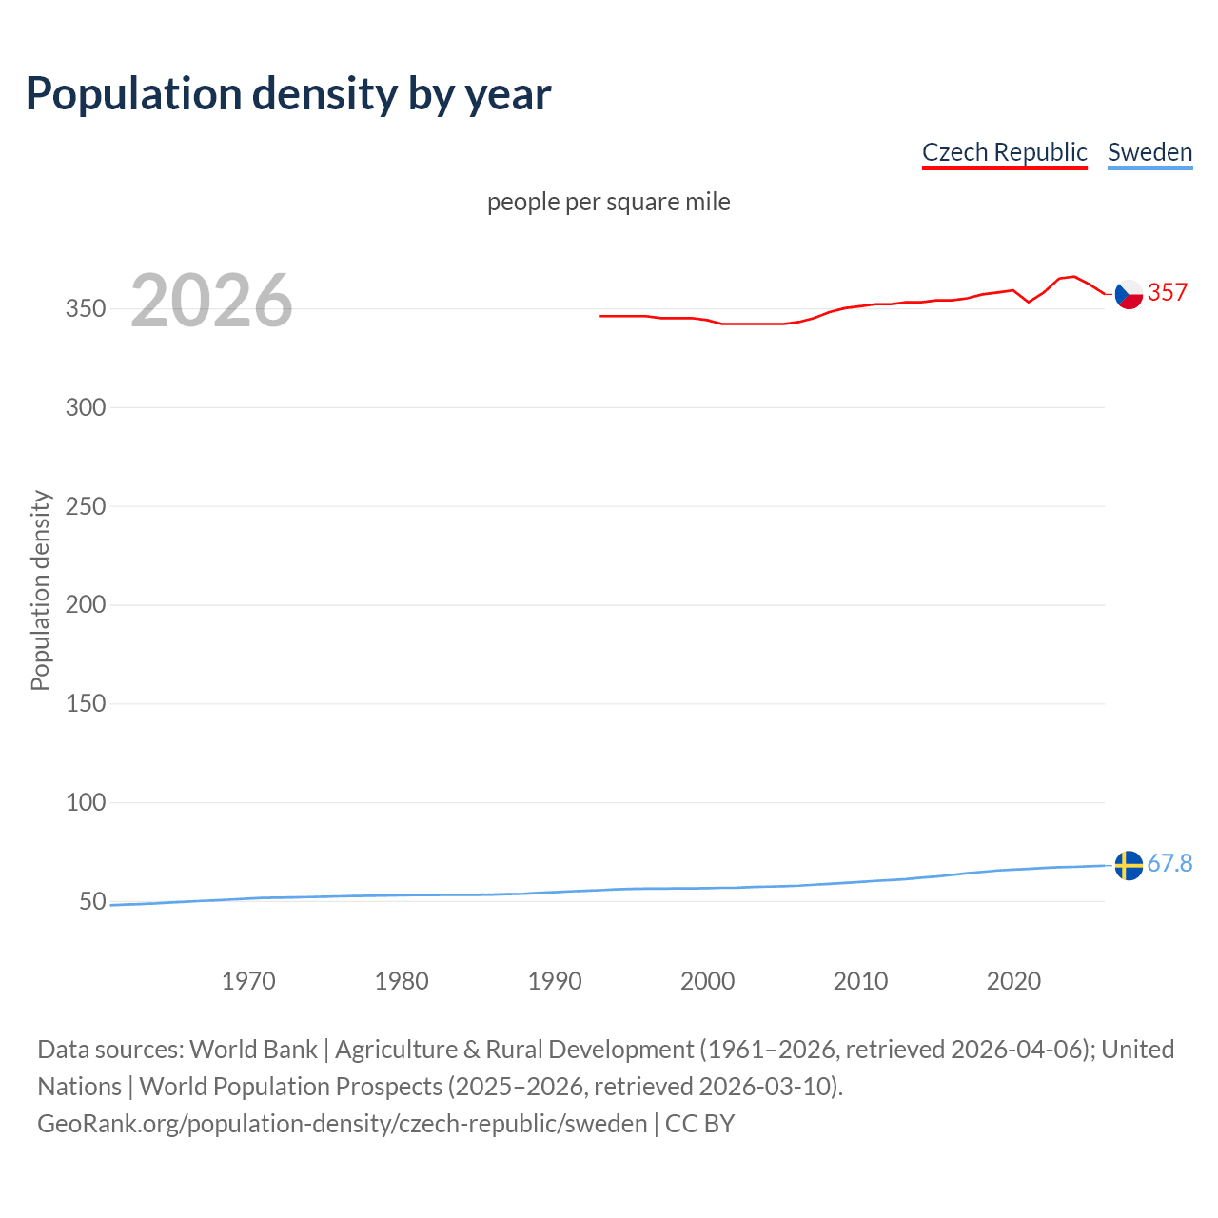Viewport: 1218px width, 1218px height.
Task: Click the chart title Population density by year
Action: click(288, 94)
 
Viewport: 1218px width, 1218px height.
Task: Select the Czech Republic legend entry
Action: click(1004, 152)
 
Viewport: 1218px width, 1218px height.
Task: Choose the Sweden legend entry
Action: click(1149, 152)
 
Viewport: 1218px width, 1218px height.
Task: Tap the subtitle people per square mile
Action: click(608, 203)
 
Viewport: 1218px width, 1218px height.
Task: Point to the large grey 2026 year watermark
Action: click(211, 301)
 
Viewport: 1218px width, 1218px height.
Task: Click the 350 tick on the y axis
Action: click(85, 309)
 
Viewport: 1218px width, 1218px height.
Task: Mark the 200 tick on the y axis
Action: click(85, 605)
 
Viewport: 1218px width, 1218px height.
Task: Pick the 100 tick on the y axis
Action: click(85, 802)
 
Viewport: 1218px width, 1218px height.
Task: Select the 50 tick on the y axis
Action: click(92, 901)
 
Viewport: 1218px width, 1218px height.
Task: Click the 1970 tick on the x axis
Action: click(248, 981)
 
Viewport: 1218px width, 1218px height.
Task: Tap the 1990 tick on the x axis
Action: click(555, 981)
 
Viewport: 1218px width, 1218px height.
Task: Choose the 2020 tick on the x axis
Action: click(1013, 981)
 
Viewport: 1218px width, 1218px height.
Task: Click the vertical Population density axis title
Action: click(40, 590)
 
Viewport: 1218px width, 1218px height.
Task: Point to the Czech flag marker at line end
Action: click(1129, 295)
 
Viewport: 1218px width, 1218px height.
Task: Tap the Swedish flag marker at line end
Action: click(1129, 865)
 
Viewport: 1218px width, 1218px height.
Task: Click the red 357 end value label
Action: click(1168, 293)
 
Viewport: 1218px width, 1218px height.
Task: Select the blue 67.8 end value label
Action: click(1169, 863)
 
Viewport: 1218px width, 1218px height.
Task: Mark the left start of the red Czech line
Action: click(601, 316)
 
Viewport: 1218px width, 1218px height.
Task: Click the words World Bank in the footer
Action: click(253, 1050)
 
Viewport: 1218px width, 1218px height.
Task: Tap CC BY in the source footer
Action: click(699, 1124)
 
